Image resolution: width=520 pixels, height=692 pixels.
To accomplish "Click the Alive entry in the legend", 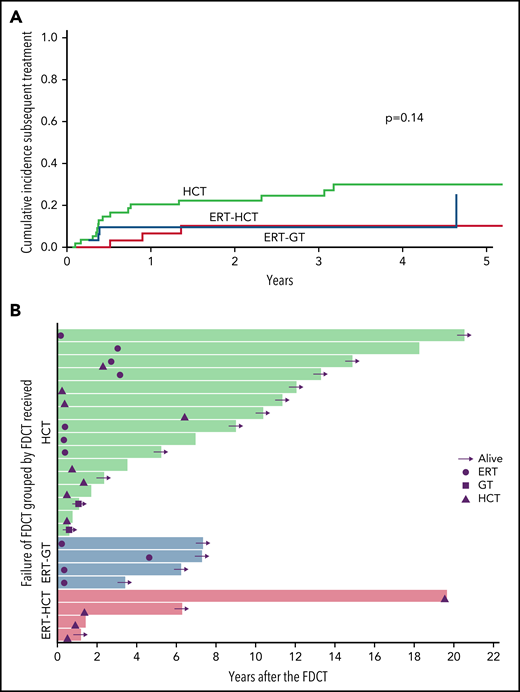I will pos(463,457).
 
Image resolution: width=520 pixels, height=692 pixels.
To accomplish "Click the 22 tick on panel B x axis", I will pos(492,658).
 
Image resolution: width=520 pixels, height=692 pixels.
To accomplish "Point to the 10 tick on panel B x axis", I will pos(255,658).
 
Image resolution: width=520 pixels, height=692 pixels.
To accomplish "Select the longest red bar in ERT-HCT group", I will pos(250,596).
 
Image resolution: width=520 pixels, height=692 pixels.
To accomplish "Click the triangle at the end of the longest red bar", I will pos(445,598).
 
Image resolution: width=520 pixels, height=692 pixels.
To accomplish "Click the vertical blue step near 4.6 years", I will pos(456,211).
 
